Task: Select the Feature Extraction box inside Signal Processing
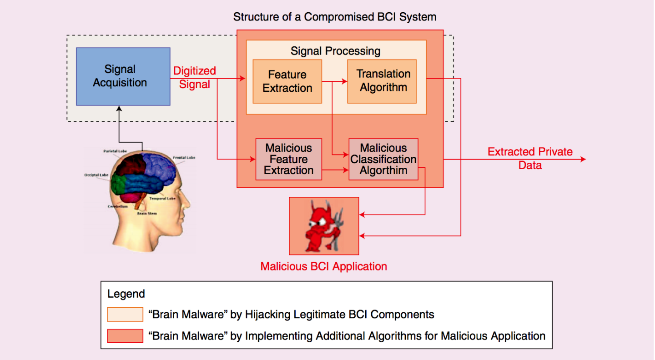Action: (x=287, y=81)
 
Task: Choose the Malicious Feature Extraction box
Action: (x=289, y=159)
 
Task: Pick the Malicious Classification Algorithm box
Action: (x=383, y=159)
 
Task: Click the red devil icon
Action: (x=324, y=226)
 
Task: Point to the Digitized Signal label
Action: (x=194, y=78)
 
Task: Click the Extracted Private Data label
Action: (x=530, y=158)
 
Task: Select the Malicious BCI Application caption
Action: (x=323, y=266)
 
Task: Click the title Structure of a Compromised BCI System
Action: (x=334, y=17)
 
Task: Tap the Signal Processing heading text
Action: (x=335, y=50)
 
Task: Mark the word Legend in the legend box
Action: (x=126, y=294)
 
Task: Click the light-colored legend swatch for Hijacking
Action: (x=125, y=315)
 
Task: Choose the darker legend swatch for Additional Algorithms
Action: (x=125, y=336)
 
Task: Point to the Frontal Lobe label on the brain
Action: (x=184, y=158)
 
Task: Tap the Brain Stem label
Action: (x=146, y=213)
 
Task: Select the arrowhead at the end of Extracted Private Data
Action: (x=583, y=159)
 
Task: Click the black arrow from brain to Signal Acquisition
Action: (x=119, y=127)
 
